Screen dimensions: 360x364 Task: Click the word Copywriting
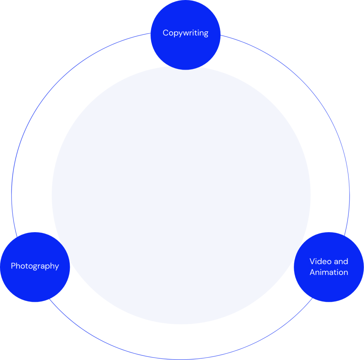185,33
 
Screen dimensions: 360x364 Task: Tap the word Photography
35,266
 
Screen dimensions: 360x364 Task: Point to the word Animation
329,272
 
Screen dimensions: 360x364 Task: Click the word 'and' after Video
341,262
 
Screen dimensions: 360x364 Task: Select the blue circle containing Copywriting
185,50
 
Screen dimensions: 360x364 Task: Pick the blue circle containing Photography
35,284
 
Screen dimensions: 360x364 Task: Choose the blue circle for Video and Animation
329,288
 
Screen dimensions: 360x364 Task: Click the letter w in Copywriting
186,33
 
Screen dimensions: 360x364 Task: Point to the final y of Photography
57,267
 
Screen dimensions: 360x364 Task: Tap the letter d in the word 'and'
346,262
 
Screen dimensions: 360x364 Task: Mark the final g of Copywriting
205,34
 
